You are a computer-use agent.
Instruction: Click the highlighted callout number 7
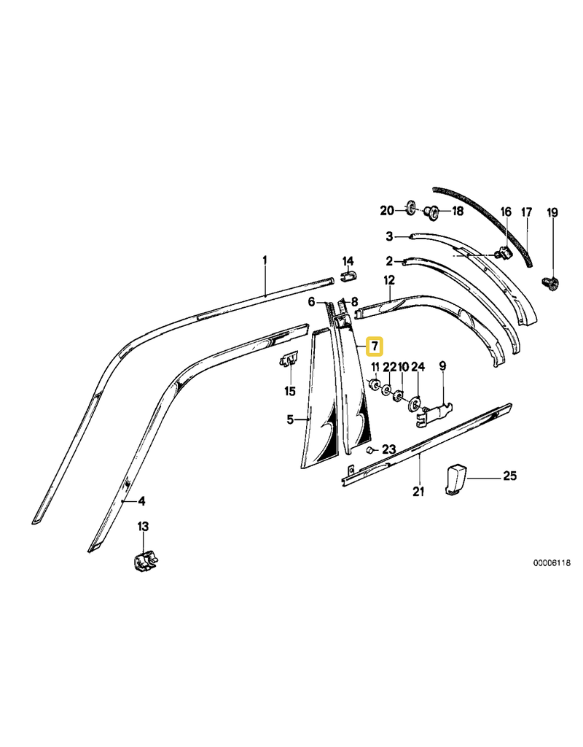click(373, 345)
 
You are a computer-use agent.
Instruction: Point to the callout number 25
click(509, 477)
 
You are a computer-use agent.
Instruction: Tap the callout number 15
click(289, 392)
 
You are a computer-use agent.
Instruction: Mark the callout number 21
click(418, 491)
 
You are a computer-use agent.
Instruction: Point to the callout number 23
click(388, 449)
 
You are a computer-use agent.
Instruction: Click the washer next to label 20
click(410, 211)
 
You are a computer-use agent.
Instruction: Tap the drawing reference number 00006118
click(550, 563)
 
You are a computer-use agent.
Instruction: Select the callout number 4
click(142, 501)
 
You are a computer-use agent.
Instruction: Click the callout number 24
click(418, 367)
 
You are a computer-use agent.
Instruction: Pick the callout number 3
click(390, 236)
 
